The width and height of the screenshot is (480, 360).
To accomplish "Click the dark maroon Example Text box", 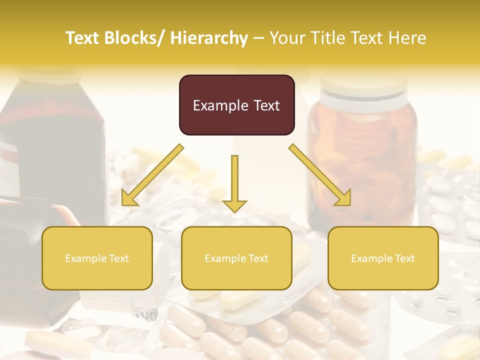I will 236,105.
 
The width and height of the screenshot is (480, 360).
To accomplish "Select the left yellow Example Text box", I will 97,258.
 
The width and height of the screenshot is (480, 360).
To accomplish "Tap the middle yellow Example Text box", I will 236,258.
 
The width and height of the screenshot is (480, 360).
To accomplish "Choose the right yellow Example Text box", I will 383,258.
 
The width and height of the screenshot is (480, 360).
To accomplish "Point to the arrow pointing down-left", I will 153,174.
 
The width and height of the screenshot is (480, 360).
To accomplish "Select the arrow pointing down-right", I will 320,174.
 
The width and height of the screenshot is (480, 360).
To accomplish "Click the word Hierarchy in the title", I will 209,38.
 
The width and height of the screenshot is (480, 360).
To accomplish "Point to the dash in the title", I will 258,38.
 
